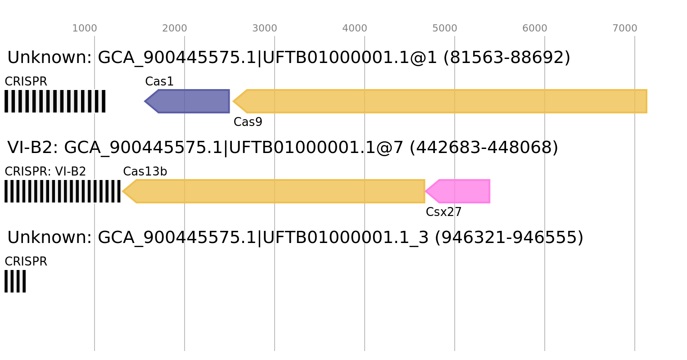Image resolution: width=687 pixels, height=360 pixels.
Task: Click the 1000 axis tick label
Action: (85, 28)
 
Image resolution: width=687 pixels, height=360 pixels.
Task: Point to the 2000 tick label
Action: (175, 28)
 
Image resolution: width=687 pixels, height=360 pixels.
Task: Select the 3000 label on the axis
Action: (265, 28)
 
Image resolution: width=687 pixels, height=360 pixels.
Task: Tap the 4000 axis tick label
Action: (355, 28)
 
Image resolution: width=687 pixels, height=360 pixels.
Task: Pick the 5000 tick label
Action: (445, 28)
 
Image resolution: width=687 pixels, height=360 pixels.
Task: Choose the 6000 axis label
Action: (535, 28)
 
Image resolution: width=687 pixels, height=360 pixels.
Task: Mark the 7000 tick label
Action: (625, 28)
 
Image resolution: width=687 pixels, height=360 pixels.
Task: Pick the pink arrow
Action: (461, 191)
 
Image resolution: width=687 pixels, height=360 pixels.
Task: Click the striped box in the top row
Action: (55, 101)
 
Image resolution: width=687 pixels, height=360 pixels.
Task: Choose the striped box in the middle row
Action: (63, 191)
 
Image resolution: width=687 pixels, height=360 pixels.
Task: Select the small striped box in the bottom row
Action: (15, 281)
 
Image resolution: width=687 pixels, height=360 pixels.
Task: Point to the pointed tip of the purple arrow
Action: (145, 101)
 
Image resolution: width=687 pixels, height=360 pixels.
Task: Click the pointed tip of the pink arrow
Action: (426, 191)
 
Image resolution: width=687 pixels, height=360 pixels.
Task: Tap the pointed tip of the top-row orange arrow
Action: (233, 101)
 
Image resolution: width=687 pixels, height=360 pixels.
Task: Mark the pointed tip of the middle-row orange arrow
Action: (123, 191)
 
